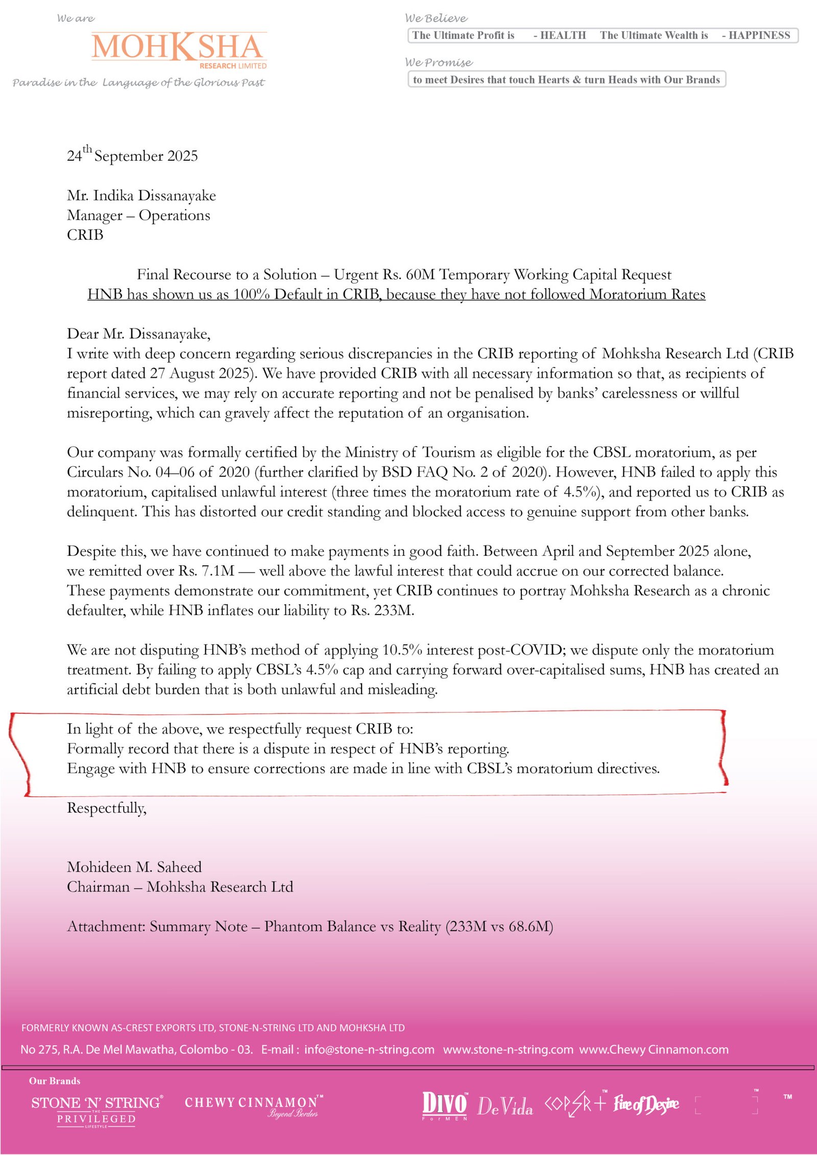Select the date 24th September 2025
click(132, 155)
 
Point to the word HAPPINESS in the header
click(759, 35)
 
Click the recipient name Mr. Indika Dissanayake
click(141, 195)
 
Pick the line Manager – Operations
click(138, 215)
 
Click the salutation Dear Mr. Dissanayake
click(138, 334)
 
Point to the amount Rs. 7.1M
click(206, 571)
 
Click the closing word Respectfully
click(107, 808)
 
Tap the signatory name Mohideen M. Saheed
click(134, 867)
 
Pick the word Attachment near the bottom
click(105, 926)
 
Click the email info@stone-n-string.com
click(369, 1049)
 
